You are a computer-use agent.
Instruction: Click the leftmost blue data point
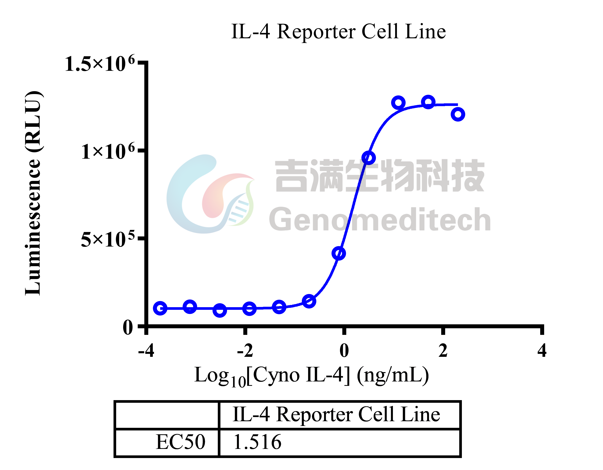coord(160,308)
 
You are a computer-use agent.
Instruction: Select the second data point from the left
coord(190,306)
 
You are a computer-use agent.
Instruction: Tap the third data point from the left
coord(220,310)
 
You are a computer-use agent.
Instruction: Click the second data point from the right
coord(428,102)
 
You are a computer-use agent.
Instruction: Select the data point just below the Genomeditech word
coord(339,253)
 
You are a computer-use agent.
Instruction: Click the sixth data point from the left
coord(309,301)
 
